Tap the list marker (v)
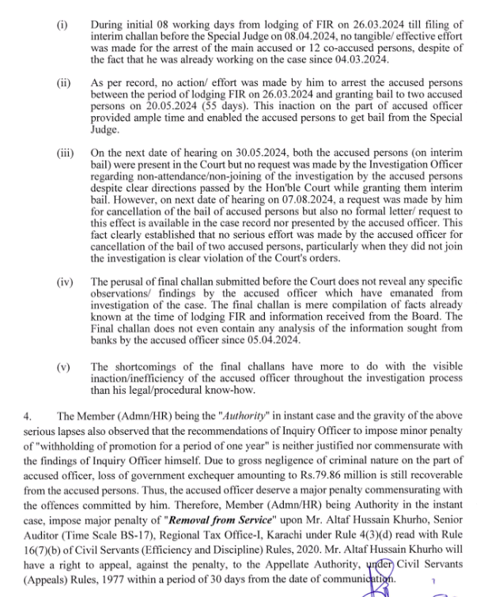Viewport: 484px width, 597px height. click(63, 366)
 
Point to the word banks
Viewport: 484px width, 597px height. click(104, 341)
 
